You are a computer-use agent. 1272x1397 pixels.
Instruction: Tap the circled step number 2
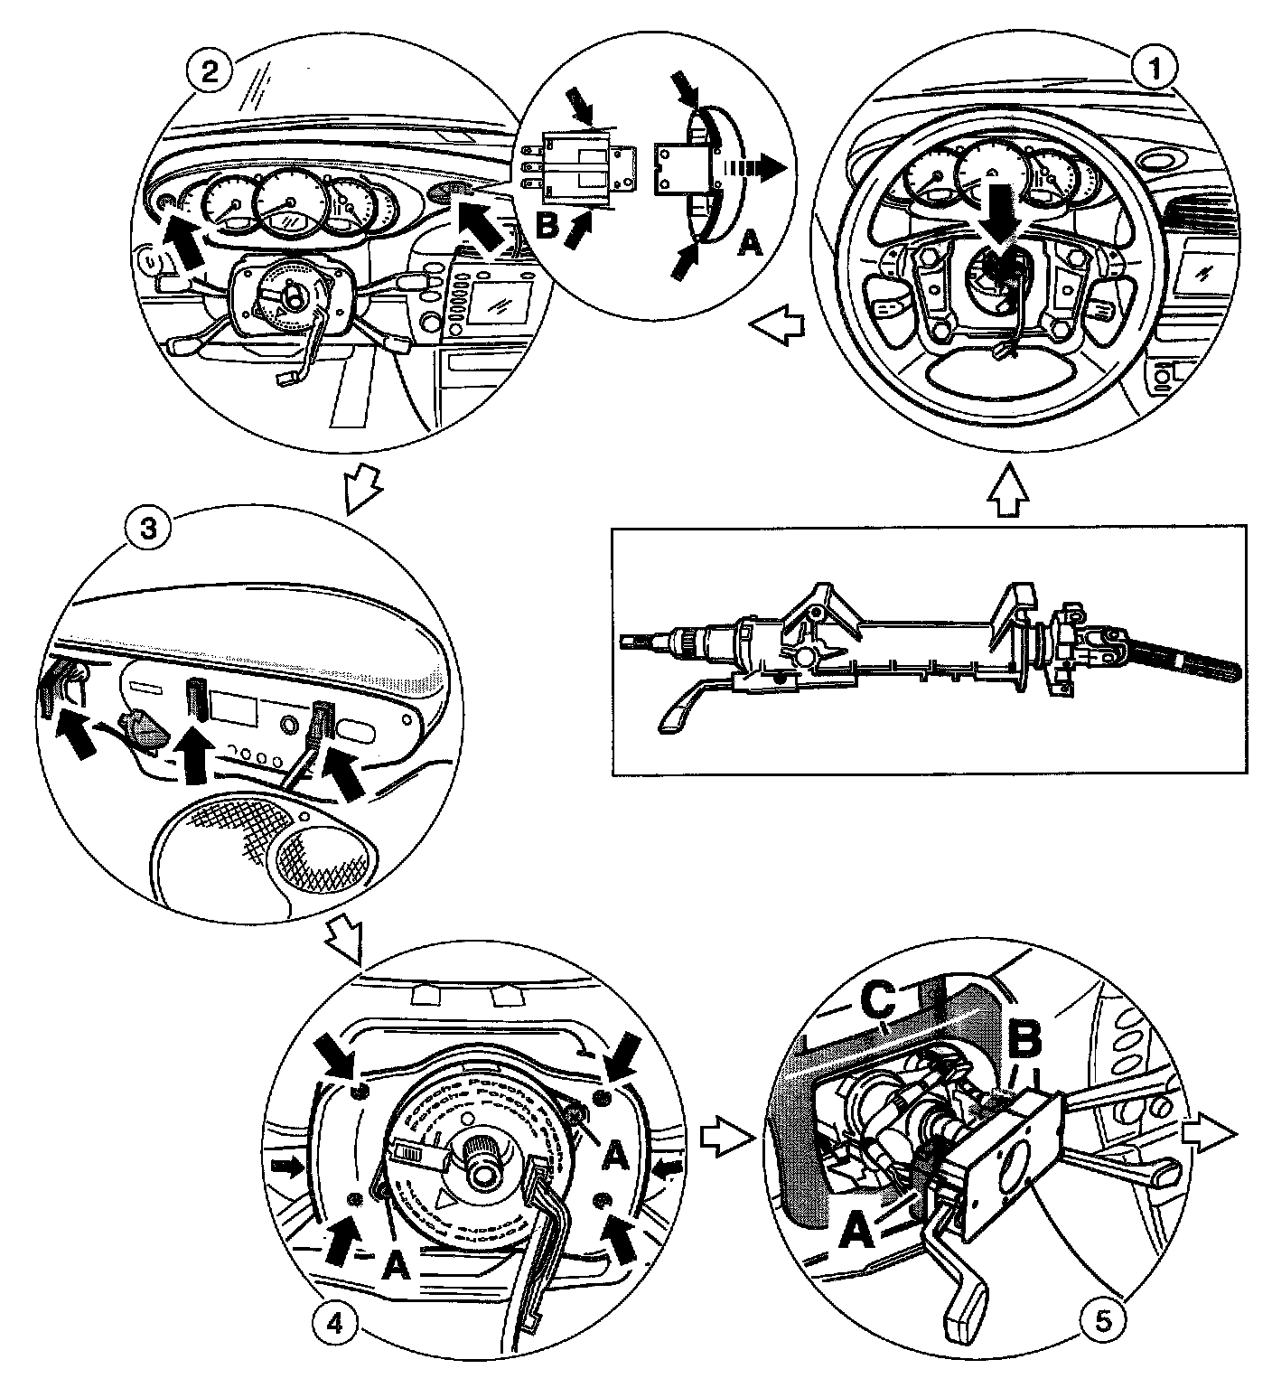point(209,72)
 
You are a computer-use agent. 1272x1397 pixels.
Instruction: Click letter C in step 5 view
point(877,999)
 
